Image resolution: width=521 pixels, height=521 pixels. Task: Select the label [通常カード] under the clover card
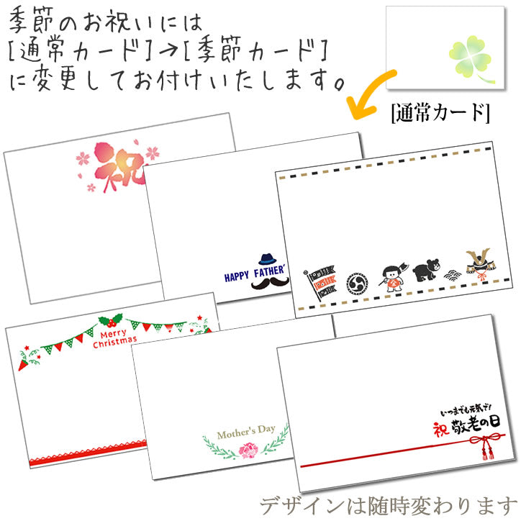click(440, 113)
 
